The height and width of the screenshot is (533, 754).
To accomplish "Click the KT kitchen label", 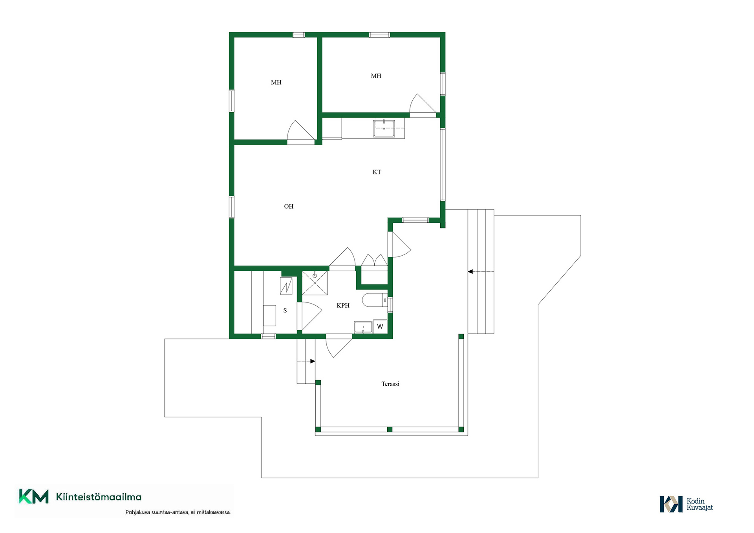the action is [377, 172].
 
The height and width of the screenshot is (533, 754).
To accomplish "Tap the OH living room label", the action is [289, 207].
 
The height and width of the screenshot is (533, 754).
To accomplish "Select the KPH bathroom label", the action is [343, 306].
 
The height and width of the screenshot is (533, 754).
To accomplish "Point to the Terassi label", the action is [390, 384].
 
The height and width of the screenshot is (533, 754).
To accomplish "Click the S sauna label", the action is [285, 311].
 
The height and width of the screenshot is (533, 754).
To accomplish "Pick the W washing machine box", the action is [380, 326].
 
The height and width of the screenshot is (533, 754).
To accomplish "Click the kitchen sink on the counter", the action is [384, 128].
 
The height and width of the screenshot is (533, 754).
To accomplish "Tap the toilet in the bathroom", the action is [375, 300].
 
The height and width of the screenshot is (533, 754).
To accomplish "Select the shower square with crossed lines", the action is [315, 283].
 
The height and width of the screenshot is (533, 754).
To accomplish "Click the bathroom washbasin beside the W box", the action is [363, 327].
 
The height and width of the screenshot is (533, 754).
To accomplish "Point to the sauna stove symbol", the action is [286, 286].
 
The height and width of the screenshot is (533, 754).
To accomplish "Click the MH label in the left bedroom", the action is [276, 82].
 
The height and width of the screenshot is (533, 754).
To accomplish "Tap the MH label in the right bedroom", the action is [376, 76].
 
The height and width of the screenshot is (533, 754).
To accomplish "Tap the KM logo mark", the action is [34, 496].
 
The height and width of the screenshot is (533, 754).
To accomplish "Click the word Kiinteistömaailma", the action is [99, 497].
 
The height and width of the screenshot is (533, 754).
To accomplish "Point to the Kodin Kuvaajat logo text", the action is [699, 504].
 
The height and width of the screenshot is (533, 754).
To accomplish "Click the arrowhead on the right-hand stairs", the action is [470, 271].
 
